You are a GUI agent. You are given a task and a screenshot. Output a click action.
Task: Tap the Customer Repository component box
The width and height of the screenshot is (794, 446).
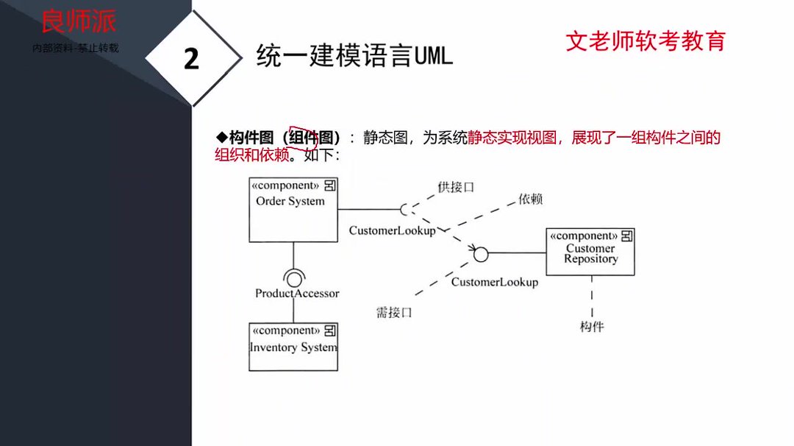tap(590, 252)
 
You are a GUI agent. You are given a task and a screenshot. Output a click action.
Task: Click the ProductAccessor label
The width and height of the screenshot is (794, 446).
tap(297, 293)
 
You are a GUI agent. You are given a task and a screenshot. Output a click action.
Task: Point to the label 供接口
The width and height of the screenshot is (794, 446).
tap(456, 187)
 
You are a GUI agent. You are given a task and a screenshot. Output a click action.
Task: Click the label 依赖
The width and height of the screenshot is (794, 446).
tap(530, 199)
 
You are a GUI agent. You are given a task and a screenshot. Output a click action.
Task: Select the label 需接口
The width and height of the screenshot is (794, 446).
tap(394, 312)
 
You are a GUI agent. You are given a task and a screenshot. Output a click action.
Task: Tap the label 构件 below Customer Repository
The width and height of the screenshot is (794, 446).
tap(591, 326)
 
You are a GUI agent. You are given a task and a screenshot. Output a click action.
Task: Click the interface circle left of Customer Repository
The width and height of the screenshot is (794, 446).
tap(480, 254)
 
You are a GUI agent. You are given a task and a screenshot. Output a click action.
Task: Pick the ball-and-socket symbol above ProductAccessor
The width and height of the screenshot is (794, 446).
tap(293, 277)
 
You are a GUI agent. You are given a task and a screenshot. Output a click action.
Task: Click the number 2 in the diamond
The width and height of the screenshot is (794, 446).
tap(191, 59)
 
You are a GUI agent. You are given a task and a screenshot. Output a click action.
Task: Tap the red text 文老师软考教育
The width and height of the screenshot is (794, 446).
tap(645, 40)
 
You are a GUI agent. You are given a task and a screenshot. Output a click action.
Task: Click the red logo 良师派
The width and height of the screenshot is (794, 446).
tap(79, 21)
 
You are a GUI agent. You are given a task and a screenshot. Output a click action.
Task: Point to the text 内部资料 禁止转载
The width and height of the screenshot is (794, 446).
tap(76, 49)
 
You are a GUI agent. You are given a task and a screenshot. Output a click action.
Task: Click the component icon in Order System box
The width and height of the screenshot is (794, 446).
tap(331, 185)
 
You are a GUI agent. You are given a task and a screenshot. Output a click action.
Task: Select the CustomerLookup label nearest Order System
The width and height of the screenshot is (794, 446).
tap(392, 230)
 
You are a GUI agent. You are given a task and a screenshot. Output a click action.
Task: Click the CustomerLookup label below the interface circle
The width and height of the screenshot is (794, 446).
tap(494, 282)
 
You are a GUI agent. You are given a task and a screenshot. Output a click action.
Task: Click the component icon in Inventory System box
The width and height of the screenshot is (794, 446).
tap(331, 330)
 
